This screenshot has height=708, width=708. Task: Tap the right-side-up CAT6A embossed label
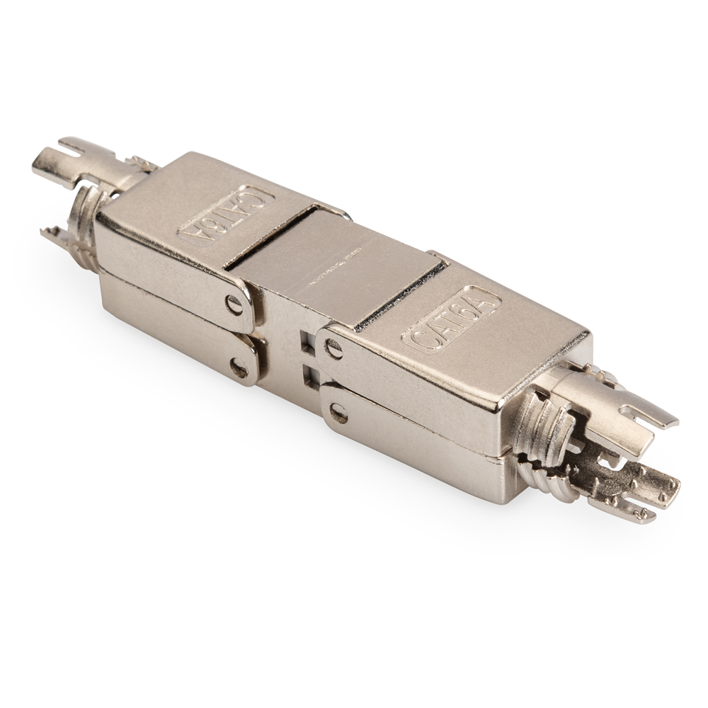tap(450, 320)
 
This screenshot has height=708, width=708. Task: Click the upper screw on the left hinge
tap(234, 304)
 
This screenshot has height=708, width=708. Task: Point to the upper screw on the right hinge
tap(332, 347)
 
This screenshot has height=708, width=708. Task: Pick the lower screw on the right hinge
tap(338, 413)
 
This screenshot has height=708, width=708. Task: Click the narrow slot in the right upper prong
tap(648, 418)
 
